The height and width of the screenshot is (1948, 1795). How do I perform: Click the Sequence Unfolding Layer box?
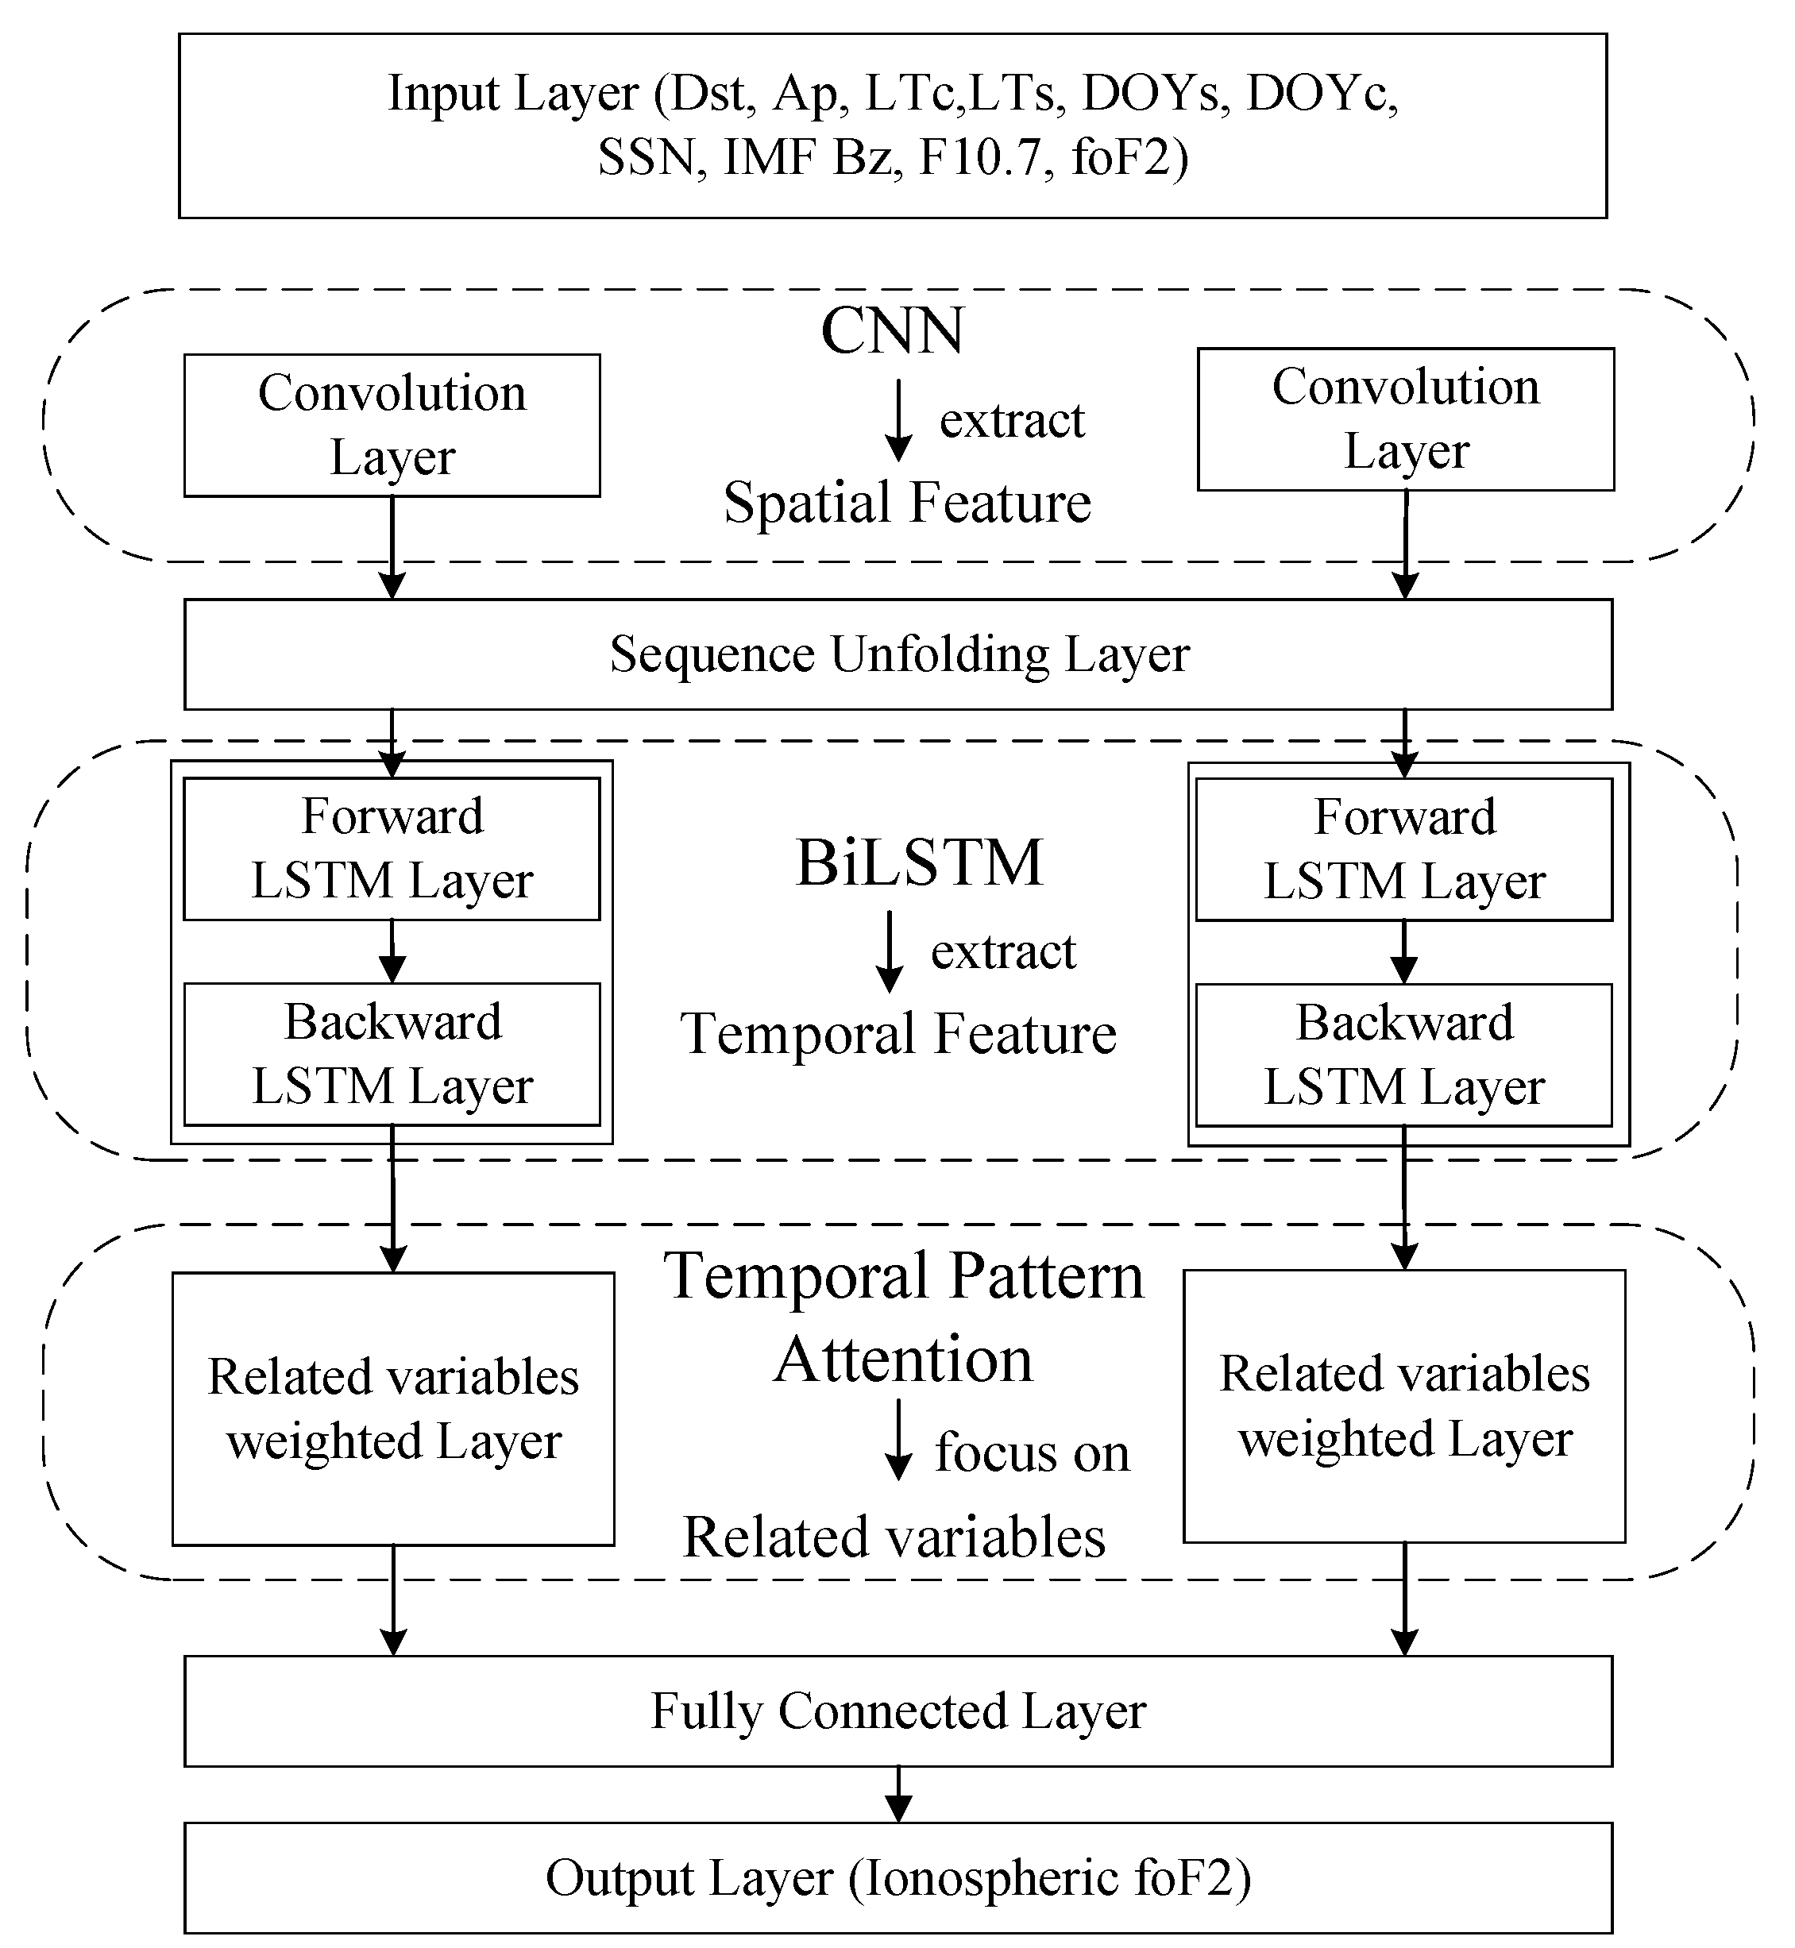(x=897, y=654)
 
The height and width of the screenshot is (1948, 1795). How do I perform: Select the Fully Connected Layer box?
(x=897, y=1711)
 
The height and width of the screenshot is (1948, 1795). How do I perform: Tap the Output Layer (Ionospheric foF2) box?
(x=897, y=1878)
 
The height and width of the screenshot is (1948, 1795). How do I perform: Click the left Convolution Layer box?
(x=392, y=426)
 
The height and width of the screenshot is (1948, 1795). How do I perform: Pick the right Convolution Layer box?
(x=1406, y=419)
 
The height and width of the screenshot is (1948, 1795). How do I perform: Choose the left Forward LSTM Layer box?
(x=392, y=849)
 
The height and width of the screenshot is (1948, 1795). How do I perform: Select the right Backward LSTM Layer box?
(x=1403, y=1055)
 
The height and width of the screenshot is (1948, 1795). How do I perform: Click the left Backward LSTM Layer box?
(x=392, y=1054)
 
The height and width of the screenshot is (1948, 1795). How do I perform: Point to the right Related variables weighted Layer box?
(x=1403, y=1406)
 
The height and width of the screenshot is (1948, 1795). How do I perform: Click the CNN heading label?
(x=893, y=331)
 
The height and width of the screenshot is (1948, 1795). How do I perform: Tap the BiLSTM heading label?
(x=919, y=862)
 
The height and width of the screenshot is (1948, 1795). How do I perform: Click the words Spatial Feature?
(x=907, y=503)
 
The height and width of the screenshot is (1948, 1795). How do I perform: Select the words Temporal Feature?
(x=897, y=1033)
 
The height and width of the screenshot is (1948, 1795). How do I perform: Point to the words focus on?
(x=1032, y=1454)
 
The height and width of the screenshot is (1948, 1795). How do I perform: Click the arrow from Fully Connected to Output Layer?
(x=898, y=1794)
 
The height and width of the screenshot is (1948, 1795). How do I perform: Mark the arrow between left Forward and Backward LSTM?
(x=392, y=951)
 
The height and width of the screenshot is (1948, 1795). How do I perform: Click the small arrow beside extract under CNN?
(x=898, y=419)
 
